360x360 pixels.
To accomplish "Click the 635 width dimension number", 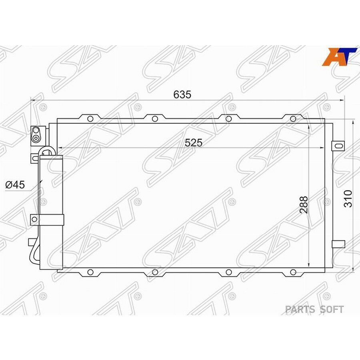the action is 182,94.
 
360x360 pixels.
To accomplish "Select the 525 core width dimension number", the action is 194,143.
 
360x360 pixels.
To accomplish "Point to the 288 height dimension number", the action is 304,205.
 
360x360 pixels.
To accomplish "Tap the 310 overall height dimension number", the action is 348,199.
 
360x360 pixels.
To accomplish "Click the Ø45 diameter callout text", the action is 15,185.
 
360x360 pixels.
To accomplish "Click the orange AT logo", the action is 339,57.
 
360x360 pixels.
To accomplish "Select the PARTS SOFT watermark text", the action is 314,310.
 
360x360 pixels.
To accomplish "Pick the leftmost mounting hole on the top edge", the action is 90,119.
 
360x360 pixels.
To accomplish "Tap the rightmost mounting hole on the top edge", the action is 293,119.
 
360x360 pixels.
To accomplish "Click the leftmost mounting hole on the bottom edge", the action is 90,272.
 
